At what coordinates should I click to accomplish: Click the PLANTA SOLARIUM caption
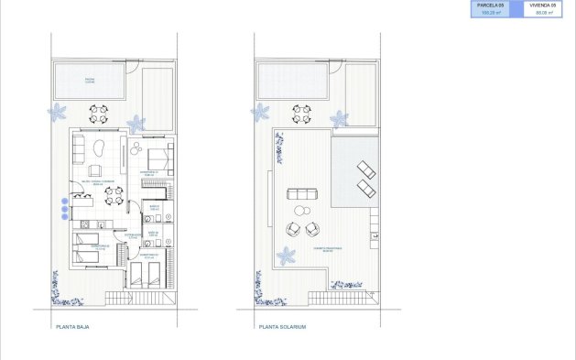click(x=282, y=325)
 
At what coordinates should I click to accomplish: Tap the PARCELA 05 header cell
click(x=491, y=5)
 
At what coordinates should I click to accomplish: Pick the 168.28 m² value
click(x=491, y=14)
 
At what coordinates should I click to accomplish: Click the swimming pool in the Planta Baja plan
click(x=89, y=81)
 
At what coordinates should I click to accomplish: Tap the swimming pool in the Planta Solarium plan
click(x=291, y=81)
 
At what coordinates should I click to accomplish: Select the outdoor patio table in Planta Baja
click(x=98, y=115)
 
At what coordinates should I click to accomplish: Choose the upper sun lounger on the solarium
click(x=365, y=169)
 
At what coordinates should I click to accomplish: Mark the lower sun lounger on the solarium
click(x=365, y=188)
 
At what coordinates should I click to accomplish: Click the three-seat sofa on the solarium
click(x=303, y=193)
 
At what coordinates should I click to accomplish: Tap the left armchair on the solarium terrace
click(x=294, y=231)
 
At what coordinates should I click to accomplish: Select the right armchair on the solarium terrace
click(x=314, y=231)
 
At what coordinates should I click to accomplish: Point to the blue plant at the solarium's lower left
click(x=287, y=257)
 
